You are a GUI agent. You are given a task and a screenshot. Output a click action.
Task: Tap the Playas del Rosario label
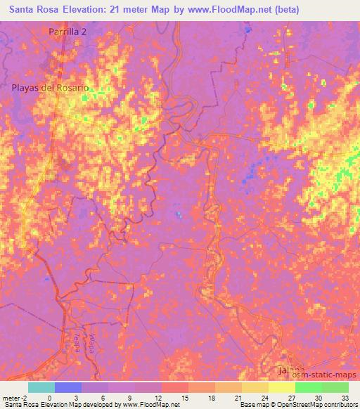tap(51, 88)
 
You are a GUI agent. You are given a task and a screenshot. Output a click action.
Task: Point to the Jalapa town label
tap(290, 370)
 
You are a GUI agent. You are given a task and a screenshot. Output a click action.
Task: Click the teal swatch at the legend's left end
tap(41, 387)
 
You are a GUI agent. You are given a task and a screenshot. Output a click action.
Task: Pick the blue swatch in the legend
tap(68, 387)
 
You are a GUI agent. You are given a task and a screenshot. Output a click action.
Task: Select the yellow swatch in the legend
tap(282, 387)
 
